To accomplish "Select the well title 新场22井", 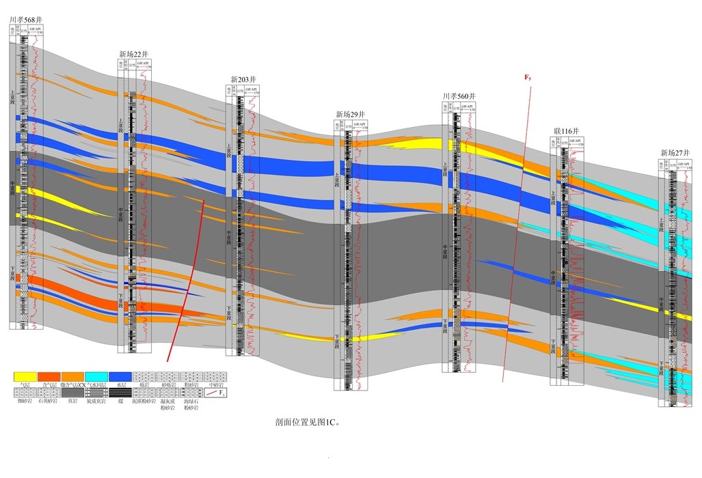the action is [x=134, y=54].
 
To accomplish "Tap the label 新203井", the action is [x=243, y=79].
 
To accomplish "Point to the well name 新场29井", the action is [x=351, y=114].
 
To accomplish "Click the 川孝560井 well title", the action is [x=459, y=96].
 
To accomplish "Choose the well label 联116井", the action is [x=567, y=130].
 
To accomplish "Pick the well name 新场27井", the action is [x=675, y=152].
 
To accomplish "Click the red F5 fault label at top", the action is [x=528, y=77].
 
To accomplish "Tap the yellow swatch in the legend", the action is [x=25, y=376].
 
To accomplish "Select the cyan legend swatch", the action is [x=96, y=376].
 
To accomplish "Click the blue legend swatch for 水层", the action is [x=120, y=376].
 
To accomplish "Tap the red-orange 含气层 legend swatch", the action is [x=49, y=376].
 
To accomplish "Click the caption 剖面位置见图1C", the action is [x=307, y=422].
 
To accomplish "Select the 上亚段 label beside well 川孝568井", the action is [x=12, y=97].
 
